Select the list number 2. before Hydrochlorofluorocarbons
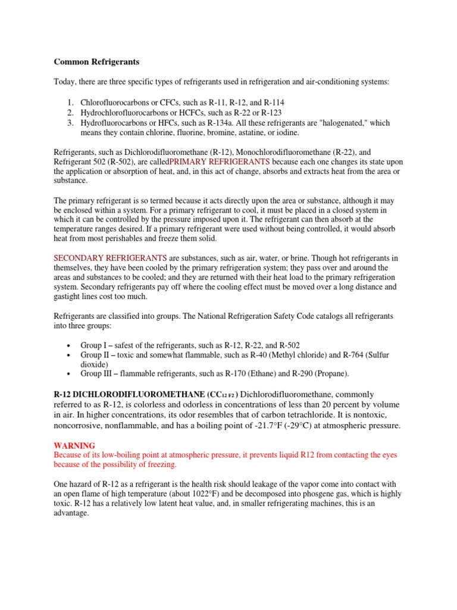click(x=70, y=113)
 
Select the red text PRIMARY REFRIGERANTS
click(x=220, y=162)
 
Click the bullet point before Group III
click(x=69, y=374)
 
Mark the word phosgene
click(x=350, y=494)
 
